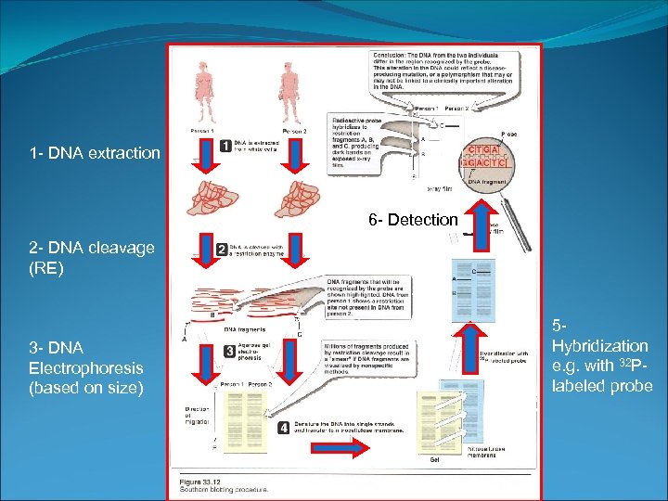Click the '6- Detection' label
[x=413, y=220]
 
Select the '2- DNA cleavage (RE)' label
[x=92, y=258]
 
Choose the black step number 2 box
[x=222, y=249]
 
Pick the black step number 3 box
[x=229, y=351]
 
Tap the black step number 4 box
[x=282, y=428]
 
